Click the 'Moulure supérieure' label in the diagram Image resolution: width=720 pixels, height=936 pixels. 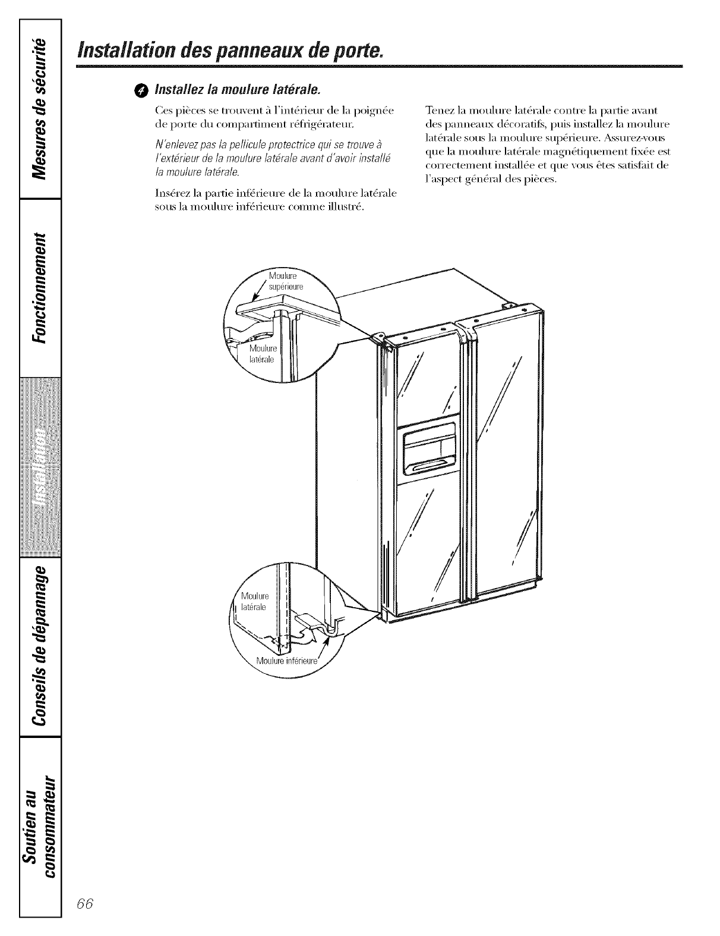point(285,281)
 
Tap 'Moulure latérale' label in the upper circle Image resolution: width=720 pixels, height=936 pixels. point(261,353)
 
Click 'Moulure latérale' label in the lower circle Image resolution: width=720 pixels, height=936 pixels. point(255,601)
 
